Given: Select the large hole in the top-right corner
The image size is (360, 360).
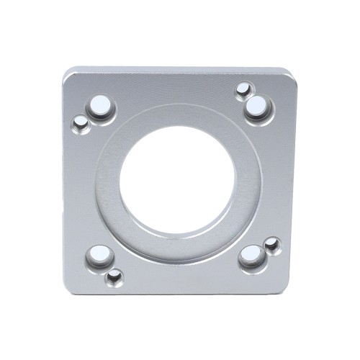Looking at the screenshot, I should (x=256, y=108).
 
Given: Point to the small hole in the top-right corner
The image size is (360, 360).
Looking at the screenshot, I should (x=243, y=90).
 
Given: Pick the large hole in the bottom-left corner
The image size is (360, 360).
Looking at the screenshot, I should (x=99, y=255).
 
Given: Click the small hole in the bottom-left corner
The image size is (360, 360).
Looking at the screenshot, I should (x=114, y=276).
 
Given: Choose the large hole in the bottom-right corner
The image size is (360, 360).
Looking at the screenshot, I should (x=252, y=255).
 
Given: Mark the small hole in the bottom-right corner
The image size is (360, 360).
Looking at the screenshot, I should (x=271, y=245).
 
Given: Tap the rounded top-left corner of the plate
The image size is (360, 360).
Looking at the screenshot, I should (x=69, y=75).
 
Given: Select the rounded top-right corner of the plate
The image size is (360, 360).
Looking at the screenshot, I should (x=289, y=75).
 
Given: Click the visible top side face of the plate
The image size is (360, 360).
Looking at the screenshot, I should (x=180, y=71).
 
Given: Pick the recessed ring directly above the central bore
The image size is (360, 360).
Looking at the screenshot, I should (x=178, y=116).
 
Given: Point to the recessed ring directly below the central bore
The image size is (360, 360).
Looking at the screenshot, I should (x=178, y=247).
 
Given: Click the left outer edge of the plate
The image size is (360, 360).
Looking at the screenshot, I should (x=64, y=180).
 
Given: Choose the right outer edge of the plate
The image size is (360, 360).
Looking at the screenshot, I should (x=296, y=180).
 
